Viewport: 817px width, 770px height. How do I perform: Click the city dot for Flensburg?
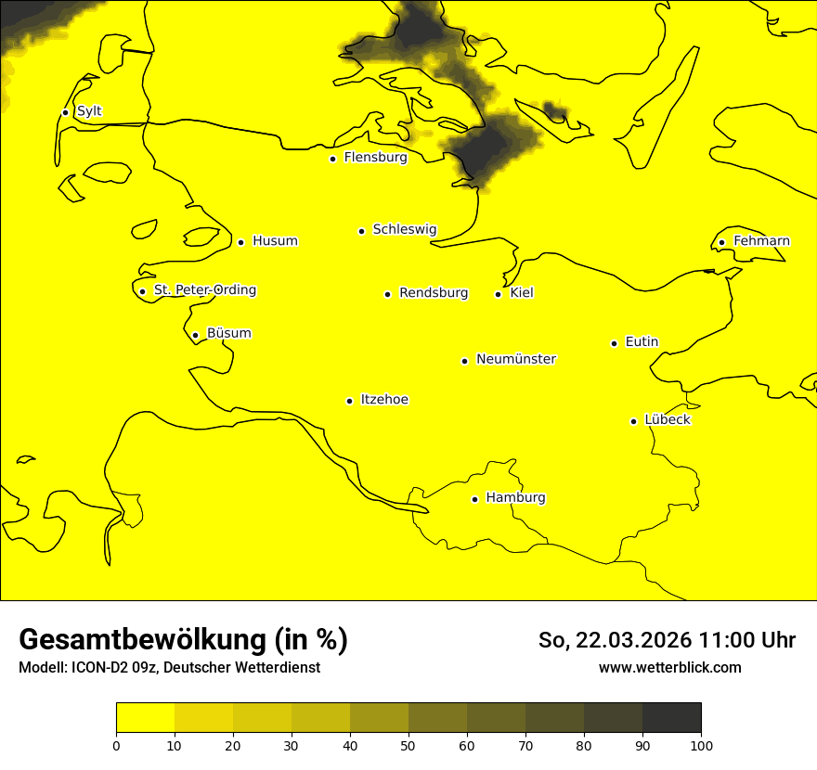point(332,159)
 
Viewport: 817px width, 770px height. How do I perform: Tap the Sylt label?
point(89,111)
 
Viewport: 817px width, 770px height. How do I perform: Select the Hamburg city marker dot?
point(475,499)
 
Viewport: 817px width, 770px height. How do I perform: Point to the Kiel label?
point(522,293)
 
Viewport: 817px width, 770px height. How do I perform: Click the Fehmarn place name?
point(761,241)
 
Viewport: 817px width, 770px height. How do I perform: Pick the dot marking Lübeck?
point(634,421)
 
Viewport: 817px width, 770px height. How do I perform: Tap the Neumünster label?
point(516,359)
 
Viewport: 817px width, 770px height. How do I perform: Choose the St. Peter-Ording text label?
point(205,290)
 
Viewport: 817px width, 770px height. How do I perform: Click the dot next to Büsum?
point(195,335)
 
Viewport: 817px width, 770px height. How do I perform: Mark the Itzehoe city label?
point(384,400)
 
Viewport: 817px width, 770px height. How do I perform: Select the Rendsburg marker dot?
point(387,294)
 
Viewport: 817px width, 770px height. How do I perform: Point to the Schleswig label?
point(404,229)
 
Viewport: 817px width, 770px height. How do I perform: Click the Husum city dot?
point(240,242)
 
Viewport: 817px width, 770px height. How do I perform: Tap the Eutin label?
point(642,342)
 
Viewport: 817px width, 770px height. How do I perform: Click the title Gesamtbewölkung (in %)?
point(183,639)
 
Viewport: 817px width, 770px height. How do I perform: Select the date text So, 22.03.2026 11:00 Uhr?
point(667,640)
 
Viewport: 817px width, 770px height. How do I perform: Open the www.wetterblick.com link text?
point(670,667)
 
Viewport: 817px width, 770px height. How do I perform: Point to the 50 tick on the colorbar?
point(408,745)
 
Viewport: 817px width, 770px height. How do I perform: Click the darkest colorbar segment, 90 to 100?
point(671,717)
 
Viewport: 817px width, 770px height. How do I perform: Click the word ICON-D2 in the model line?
point(97,668)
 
